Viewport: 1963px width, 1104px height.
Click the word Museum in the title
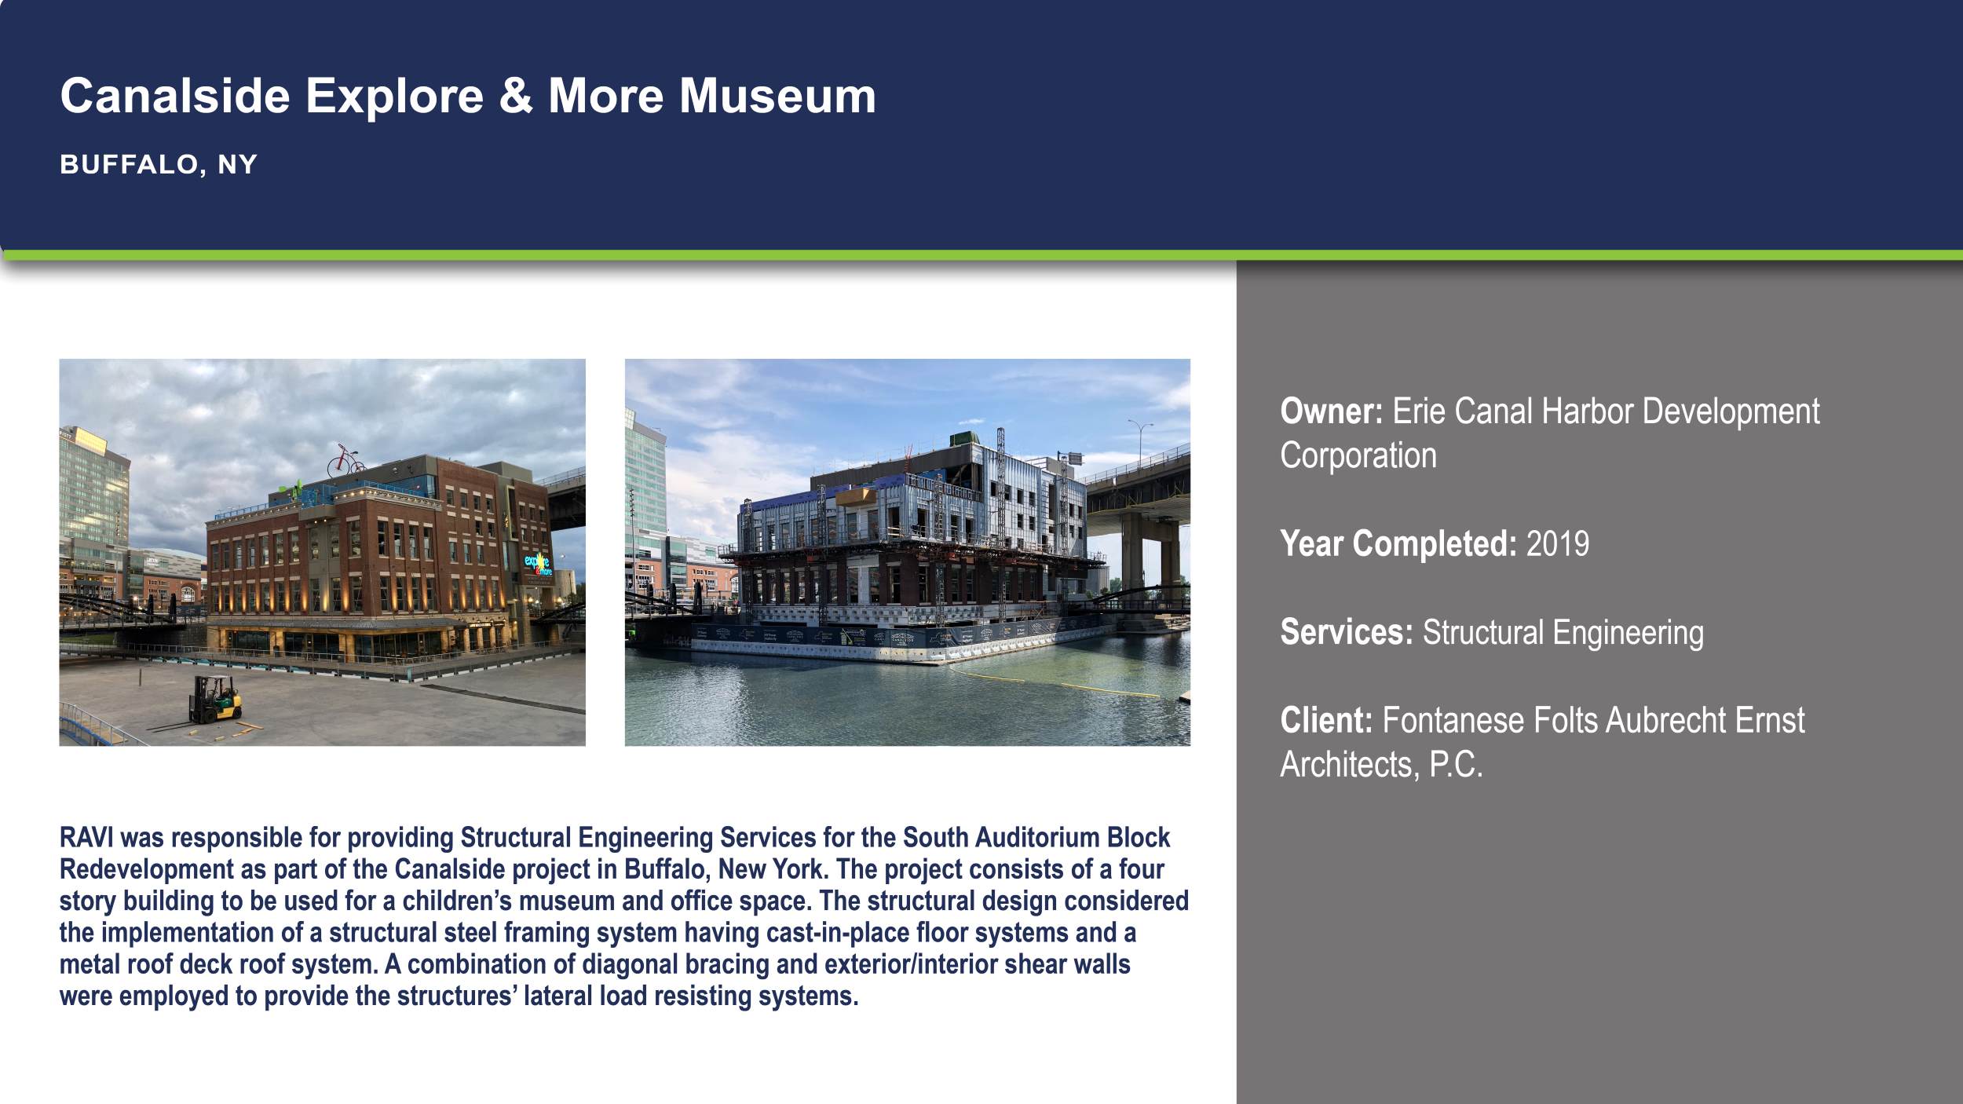(777, 96)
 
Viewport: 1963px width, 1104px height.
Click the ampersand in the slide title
(515, 96)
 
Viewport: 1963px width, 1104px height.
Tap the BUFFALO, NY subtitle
(159, 164)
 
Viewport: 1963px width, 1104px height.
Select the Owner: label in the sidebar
(1331, 411)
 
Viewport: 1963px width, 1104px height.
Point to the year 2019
(1557, 543)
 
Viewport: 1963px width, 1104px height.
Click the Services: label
(1346, 632)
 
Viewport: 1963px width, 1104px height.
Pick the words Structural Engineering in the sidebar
(1563, 632)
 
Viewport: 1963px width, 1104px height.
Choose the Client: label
(1326, 720)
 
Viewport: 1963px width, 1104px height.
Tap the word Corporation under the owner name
(1358, 455)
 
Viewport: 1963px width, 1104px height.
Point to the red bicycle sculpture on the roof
(345, 461)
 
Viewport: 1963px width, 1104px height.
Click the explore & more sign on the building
(538, 564)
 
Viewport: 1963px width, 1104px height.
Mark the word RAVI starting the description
(86, 838)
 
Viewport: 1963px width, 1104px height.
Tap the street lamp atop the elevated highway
(1139, 440)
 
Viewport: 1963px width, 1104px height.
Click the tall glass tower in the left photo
(93, 495)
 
